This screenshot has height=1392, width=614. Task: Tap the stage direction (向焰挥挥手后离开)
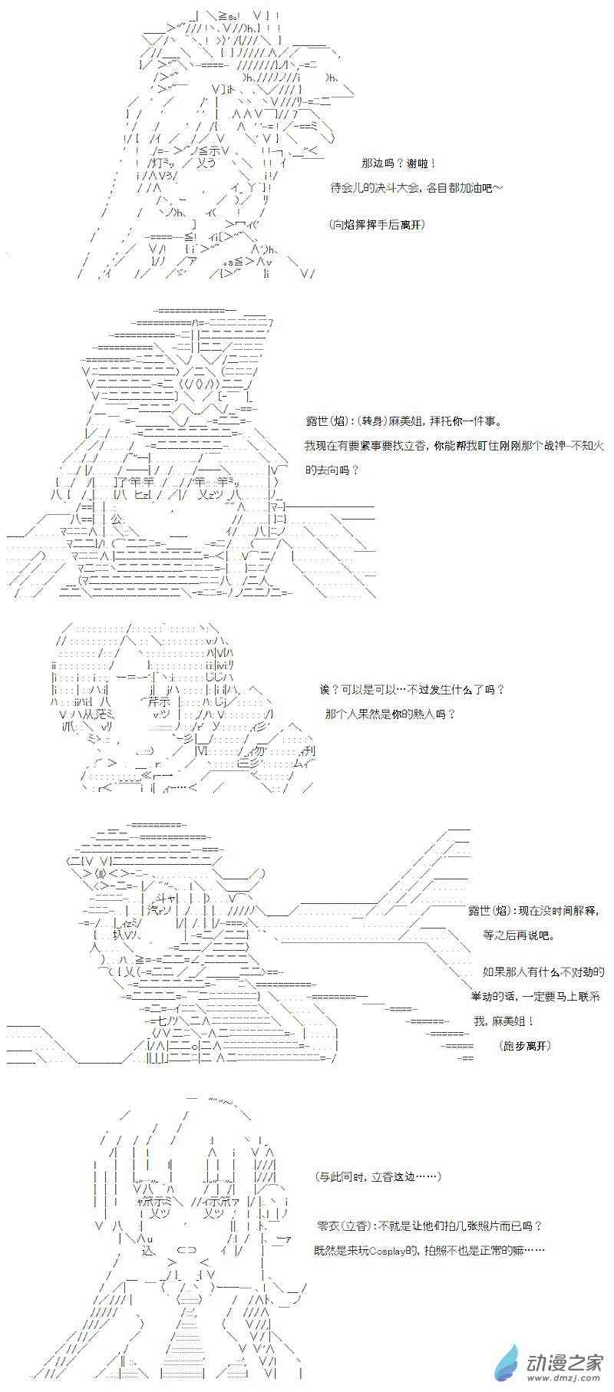376,225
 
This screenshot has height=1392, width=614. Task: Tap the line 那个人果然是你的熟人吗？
390,714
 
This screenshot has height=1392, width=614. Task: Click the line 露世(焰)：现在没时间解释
533,911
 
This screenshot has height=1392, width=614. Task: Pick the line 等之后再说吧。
518,935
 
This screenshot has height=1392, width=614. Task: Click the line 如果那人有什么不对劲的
543,972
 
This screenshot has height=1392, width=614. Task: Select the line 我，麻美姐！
503,1021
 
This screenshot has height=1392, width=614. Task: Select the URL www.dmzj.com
565,1379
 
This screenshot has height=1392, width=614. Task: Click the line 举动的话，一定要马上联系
539,997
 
